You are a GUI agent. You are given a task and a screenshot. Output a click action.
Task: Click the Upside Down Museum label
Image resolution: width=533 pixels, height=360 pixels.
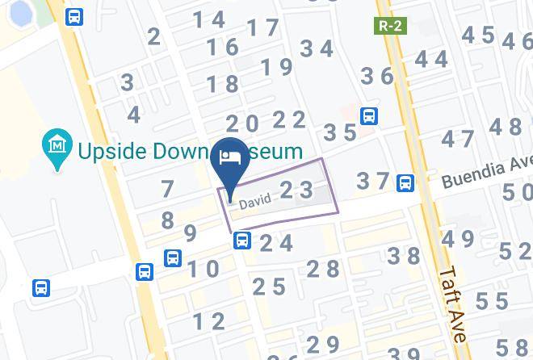pos(190,150)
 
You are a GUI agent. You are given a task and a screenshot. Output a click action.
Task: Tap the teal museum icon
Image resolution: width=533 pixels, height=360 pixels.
pos(57,146)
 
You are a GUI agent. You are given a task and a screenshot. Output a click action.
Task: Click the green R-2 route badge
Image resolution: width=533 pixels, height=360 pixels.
pos(390,26)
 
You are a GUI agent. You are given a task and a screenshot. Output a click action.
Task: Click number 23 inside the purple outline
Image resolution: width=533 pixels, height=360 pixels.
pos(296,190)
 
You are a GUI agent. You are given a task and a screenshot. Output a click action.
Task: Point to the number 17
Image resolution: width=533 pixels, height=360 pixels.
pos(262,28)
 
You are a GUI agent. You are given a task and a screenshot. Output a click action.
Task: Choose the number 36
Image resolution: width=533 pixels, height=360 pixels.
pos(376,77)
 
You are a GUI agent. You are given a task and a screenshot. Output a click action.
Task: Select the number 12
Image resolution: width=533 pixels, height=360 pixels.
pos(208,321)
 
